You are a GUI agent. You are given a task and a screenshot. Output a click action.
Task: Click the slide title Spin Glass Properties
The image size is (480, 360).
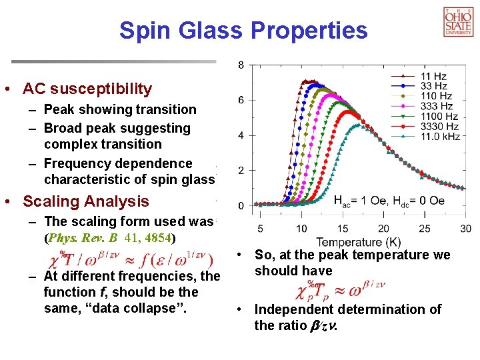(x=243, y=30)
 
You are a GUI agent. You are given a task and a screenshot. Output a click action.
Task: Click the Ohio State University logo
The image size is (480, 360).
(x=458, y=21)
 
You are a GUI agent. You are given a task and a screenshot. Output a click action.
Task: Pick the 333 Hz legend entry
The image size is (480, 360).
(x=437, y=106)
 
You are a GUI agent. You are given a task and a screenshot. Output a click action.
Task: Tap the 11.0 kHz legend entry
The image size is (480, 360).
(x=439, y=136)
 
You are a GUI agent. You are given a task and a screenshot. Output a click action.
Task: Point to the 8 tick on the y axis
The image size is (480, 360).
(x=241, y=65)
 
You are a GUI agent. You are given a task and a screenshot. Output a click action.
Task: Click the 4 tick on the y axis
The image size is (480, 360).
(x=241, y=135)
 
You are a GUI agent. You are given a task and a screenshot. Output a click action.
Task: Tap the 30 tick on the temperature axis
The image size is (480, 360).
(x=465, y=229)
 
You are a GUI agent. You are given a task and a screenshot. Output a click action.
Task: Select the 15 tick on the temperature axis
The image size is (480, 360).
(x=342, y=229)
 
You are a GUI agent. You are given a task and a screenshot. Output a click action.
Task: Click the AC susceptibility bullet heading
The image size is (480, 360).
(x=87, y=89)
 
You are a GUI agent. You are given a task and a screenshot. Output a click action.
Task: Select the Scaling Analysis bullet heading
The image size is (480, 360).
(x=86, y=201)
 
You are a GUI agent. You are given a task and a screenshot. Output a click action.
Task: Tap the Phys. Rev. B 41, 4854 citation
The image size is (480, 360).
(x=109, y=237)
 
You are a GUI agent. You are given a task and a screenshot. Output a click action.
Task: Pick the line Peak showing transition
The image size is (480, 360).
(x=120, y=109)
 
